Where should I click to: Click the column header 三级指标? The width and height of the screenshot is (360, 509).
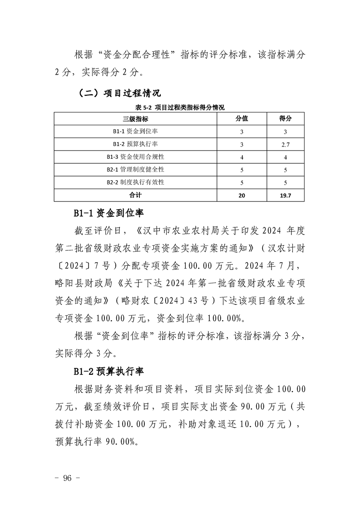(136, 119)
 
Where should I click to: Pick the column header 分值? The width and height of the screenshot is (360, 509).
(242, 119)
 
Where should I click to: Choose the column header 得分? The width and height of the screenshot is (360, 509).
(285, 119)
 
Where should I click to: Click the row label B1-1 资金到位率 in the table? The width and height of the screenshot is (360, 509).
(136, 132)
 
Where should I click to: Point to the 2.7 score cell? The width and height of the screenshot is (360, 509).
(285, 144)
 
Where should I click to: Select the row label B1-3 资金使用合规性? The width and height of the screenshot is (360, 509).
(136, 157)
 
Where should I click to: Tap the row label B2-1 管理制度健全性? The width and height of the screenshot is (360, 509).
(136, 170)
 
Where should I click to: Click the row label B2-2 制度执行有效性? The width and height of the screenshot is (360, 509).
(136, 182)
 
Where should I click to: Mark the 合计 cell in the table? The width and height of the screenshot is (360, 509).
(136, 195)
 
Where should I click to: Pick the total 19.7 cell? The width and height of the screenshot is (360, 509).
(285, 195)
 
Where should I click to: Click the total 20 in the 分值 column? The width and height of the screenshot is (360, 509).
(242, 195)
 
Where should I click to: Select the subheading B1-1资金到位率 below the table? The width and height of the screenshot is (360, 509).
(109, 213)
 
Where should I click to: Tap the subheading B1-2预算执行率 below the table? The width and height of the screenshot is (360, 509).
(109, 371)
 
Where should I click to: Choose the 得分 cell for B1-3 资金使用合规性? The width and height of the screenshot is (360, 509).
(285, 157)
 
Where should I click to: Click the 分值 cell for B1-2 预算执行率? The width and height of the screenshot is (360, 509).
(242, 144)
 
